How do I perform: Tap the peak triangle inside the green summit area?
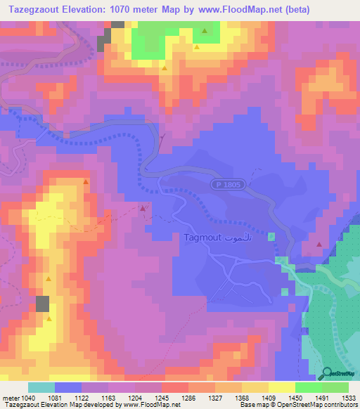[x=205, y=31]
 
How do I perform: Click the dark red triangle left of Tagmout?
[x=143, y=208]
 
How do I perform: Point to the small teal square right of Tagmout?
[x=271, y=236]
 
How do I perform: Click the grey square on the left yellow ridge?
[x=43, y=304]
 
